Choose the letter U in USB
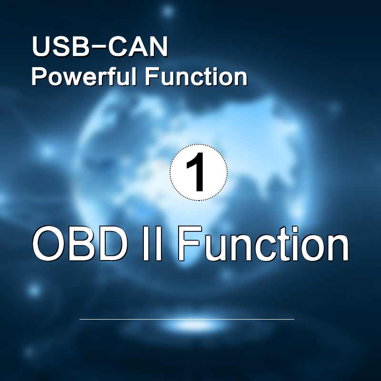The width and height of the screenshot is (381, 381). (x=41, y=47)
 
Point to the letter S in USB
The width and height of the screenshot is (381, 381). (x=61, y=47)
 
